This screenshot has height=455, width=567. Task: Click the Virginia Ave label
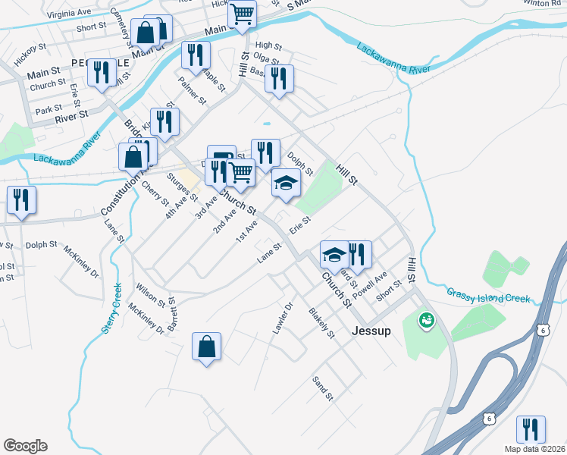(x=68, y=14)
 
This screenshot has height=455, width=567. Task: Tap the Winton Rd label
(x=540, y=3)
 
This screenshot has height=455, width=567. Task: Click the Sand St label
(x=324, y=387)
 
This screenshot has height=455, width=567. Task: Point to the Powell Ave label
(x=374, y=284)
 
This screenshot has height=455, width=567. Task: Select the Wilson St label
(x=151, y=296)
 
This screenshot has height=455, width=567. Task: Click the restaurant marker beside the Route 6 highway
(x=531, y=430)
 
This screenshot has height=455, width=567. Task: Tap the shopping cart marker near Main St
(x=242, y=14)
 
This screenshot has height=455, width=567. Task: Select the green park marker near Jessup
(x=427, y=322)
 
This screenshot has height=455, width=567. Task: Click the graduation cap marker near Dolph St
(x=286, y=184)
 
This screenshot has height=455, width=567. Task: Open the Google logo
(x=25, y=446)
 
